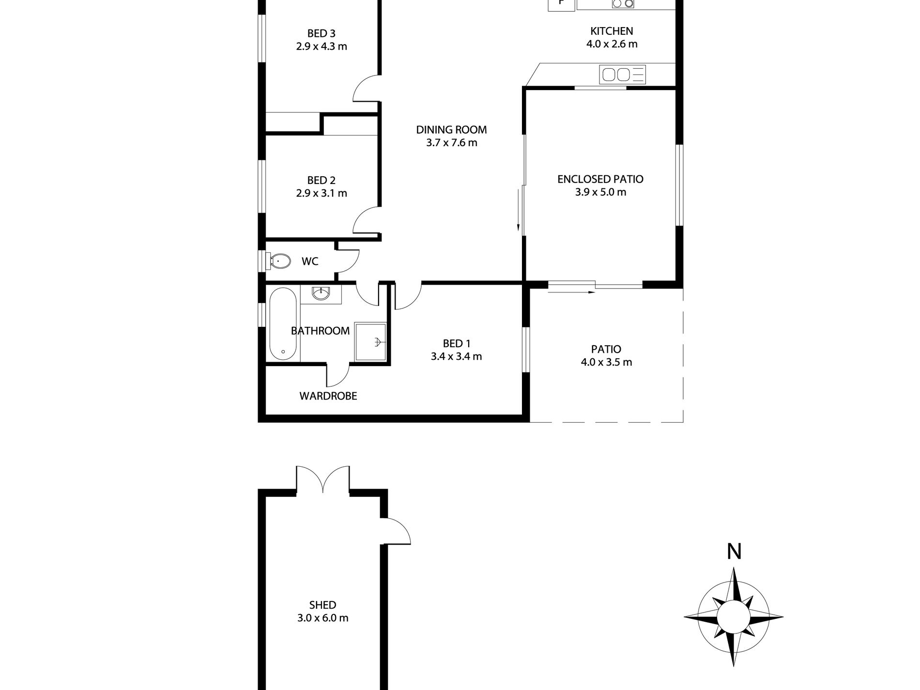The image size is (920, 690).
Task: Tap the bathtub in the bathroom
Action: click(283, 324)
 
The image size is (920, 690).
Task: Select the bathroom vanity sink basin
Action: click(321, 293)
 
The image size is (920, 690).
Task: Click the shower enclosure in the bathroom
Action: click(371, 342)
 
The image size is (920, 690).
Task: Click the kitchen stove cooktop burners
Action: click(623, 4)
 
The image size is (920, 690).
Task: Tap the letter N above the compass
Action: click(734, 552)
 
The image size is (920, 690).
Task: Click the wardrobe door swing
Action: click(339, 376)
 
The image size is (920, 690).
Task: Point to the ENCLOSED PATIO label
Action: click(600, 179)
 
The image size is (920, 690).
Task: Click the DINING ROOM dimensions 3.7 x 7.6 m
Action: click(451, 143)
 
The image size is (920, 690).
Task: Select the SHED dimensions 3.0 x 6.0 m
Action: click(322, 618)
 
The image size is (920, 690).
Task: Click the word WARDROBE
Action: click(328, 396)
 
